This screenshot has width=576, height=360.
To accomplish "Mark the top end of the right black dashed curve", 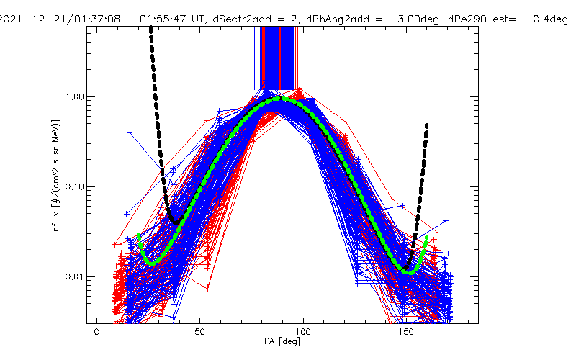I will [x=427, y=125].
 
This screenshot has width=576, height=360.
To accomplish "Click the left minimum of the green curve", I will [x=152, y=264].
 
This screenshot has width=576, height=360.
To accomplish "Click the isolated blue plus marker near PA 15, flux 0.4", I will [x=130, y=132].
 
